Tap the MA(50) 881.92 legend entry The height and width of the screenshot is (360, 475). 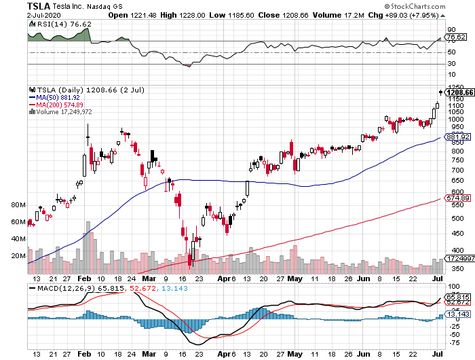point(60,97)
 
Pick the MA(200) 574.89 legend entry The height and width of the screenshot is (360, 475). point(62,105)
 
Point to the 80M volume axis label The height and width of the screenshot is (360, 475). point(18,204)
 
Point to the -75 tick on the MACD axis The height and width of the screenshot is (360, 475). point(449,343)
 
